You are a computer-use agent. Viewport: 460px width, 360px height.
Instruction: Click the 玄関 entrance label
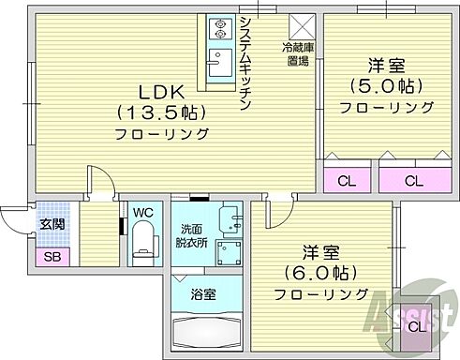click(x=51, y=225)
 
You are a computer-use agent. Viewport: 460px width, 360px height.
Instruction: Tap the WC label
click(x=143, y=214)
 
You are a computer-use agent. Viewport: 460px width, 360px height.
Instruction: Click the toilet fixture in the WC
click(x=143, y=247)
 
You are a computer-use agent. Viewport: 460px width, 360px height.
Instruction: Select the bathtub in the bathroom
click(x=206, y=332)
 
